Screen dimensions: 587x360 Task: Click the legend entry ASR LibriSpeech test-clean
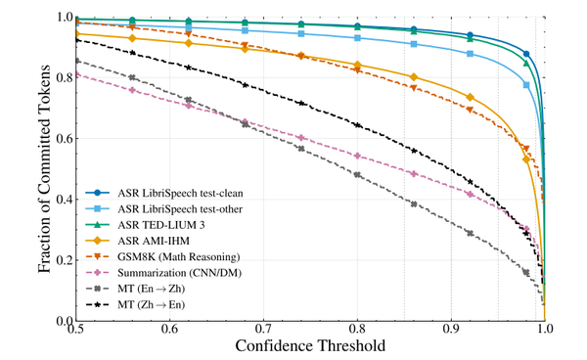[180, 193]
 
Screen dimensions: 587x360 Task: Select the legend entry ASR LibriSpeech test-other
[180, 208]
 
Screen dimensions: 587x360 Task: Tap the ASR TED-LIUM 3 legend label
[161, 225]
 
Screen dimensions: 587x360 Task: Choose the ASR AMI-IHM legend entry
[154, 241]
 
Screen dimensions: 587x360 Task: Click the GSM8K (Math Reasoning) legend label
[179, 257]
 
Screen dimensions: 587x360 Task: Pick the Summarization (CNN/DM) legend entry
[179, 273]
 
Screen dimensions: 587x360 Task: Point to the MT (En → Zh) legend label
[152, 289]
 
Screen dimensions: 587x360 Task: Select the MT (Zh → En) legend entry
[152, 304]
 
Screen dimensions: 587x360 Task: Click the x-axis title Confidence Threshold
[310, 345]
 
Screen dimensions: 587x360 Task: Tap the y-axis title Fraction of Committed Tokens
[44, 169]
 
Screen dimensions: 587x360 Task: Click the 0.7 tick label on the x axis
[263, 329]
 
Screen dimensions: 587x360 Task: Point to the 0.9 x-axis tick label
[451, 329]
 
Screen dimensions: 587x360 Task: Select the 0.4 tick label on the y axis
[65, 200]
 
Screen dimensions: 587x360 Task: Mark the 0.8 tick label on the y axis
[65, 77]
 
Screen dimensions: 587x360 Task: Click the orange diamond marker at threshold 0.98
[526, 159]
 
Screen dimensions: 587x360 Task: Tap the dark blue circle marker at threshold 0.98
[526, 54]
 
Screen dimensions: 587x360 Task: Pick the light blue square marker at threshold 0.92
[471, 54]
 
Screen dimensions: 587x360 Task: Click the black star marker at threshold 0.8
[357, 125]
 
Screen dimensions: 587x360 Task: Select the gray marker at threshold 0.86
[414, 204]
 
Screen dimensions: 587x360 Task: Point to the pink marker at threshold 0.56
[132, 90]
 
